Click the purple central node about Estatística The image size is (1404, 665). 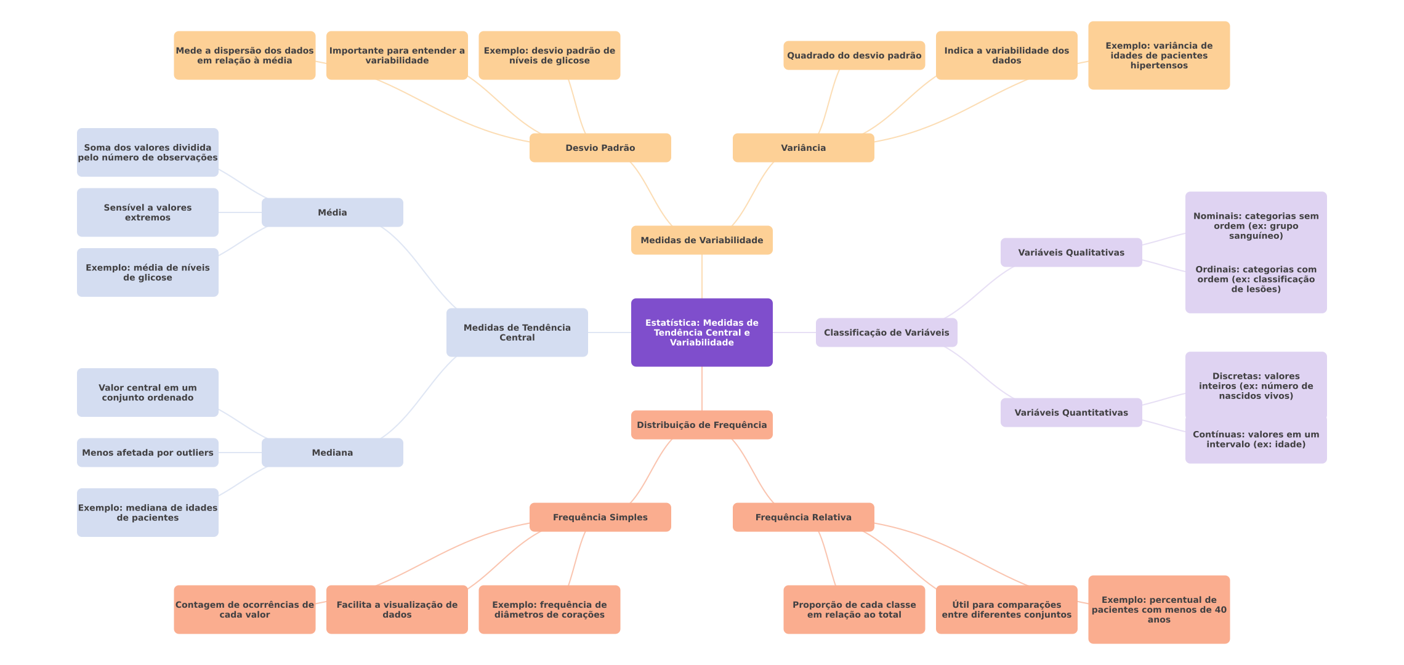[x=701, y=332]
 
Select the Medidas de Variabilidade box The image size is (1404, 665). [x=701, y=240]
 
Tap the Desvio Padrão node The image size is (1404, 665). [x=600, y=148]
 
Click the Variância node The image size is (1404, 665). [x=803, y=148]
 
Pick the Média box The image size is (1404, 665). [x=332, y=212]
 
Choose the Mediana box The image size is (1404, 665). [x=332, y=453]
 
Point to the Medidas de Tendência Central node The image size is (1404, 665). [x=517, y=332]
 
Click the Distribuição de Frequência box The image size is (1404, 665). [x=701, y=425]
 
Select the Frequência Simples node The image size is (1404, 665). [x=600, y=517]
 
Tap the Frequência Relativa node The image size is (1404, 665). [x=803, y=517]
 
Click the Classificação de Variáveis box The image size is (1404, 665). [x=886, y=332]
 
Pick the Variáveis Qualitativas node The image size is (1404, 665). [x=1071, y=252]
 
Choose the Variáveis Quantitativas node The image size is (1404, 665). [x=1071, y=413]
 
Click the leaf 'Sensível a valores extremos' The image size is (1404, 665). [x=147, y=212]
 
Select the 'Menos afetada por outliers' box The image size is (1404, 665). [x=147, y=453]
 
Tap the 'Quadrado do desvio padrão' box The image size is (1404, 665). [x=854, y=55]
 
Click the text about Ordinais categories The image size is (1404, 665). [x=1256, y=279]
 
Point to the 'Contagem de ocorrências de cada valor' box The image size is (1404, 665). [x=244, y=610]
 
